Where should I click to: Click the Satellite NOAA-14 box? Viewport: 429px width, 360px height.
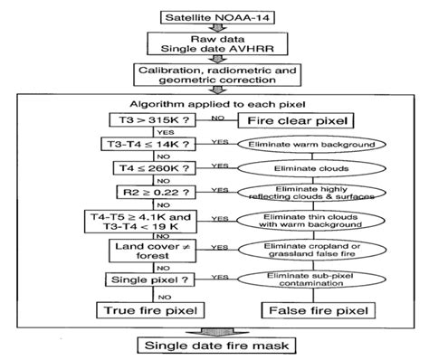point(214,16)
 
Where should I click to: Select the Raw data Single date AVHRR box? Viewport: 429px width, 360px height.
point(214,46)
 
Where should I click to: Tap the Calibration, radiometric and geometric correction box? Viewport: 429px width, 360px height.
point(214,75)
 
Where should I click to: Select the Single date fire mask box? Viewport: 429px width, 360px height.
point(214,345)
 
